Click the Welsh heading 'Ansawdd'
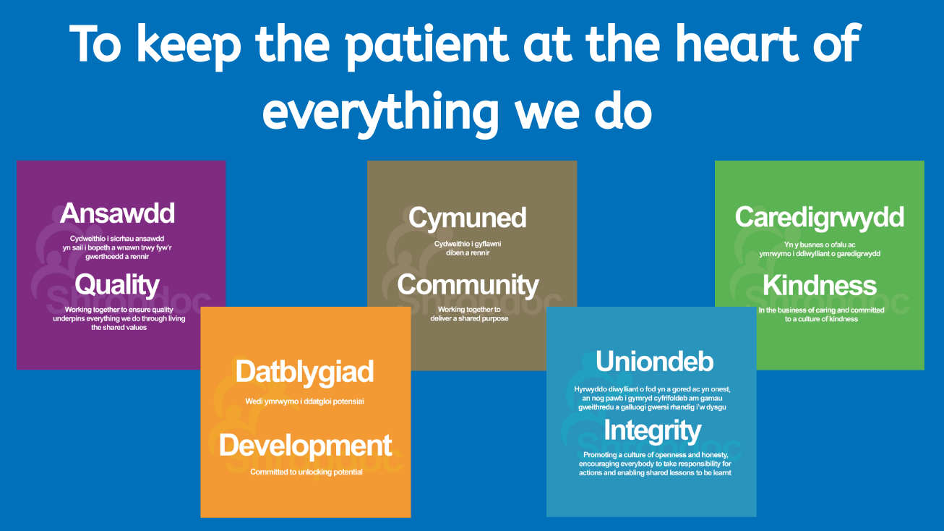click(x=117, y=213)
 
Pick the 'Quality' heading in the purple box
click(x=117, y=285)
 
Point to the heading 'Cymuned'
click(x=468, y=218)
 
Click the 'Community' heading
click(x=468, y=285)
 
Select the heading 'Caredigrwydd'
click(x=819, y=218)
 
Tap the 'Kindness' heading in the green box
click(x=820, y=286)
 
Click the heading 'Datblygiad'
click(x=305, y=373)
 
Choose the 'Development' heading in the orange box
click(x=306, y=446)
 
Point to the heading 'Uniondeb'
click(x=654, y=362)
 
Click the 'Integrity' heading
click(x=653, y=431)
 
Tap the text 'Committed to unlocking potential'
click(x=306, y=472)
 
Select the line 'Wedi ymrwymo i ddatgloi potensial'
click(x=305, y=401)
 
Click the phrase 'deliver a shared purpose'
click(x=469, y=318)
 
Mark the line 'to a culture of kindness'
click(x=821, y=319)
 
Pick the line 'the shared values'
click(x=119, y=327)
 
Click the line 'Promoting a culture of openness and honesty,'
click(x=656, y=454)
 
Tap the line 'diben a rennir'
click(x=468, y=252)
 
